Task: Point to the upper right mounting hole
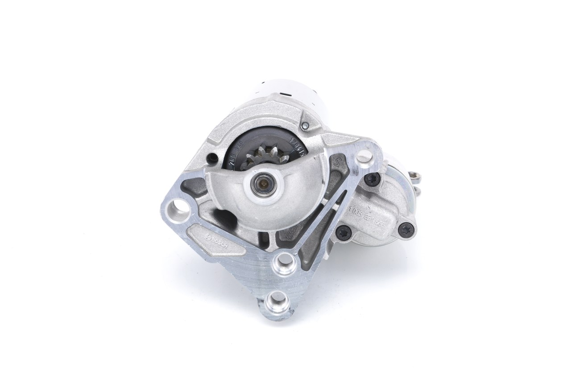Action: click(x=365, y=156)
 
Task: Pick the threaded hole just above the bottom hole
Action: click(x=284, y=265)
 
